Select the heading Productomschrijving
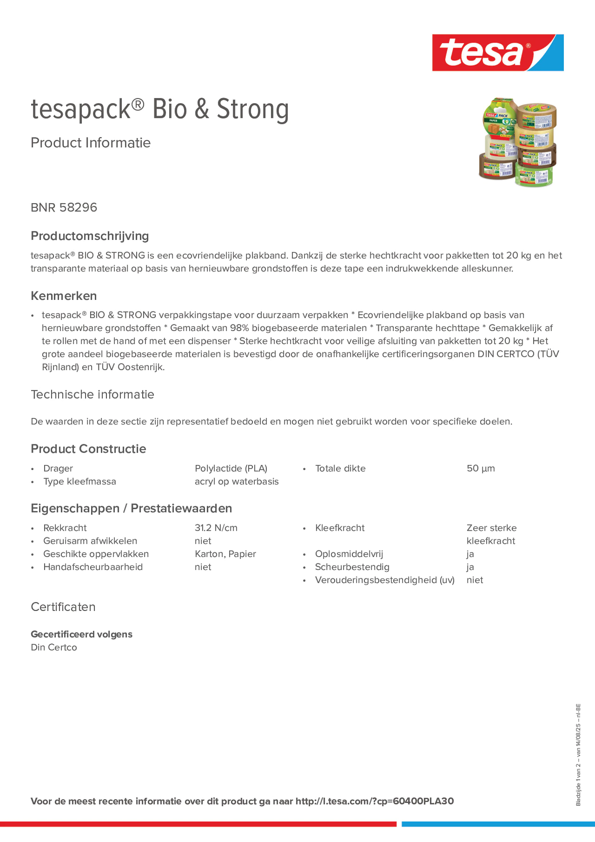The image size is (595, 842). tap(90, 236)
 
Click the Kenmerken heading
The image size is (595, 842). tap(64, 296)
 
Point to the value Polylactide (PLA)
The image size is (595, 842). tap(231, 468)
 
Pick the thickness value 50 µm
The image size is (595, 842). tap(481, 468)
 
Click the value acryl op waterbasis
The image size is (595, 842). tap(236, 481)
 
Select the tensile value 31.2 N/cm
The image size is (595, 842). tap(216, 528)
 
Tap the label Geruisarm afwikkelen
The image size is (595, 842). tap(90, 541)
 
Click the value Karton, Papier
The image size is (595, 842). tap(225, 554)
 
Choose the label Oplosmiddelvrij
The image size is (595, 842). tap(348, 554)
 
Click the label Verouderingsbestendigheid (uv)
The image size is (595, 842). tap(384, 580)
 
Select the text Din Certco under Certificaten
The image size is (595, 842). tap(54, 647)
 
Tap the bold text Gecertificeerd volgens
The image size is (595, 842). tap(81, 634)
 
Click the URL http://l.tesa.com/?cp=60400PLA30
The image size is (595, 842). tap(375, 801)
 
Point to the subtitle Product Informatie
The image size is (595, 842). tap(90, 143)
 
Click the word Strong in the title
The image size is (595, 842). tap(252, 109)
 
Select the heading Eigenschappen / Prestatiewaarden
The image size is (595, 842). tap(131, 508)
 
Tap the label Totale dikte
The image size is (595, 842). tap(340, 468)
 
